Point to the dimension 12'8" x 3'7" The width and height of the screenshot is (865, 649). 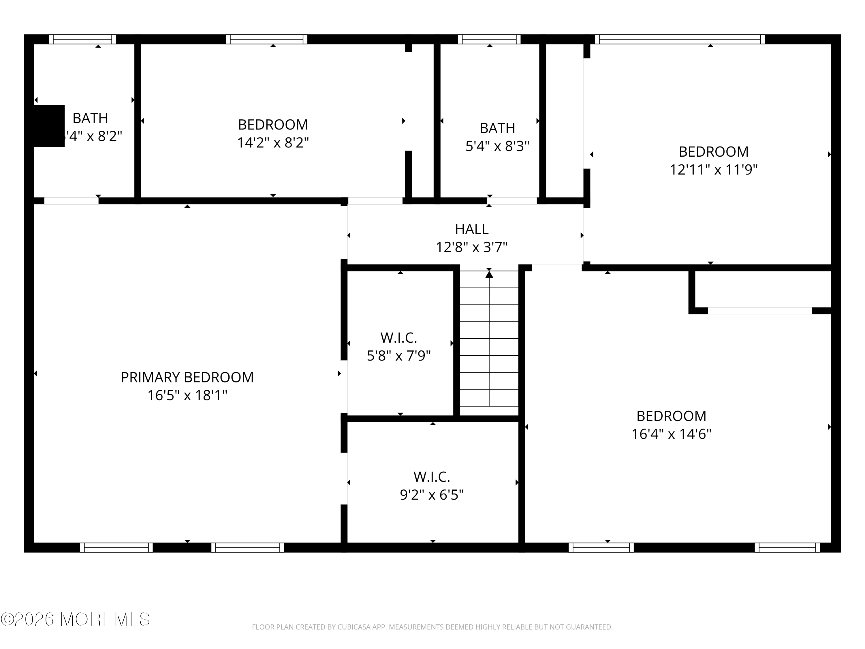pos(472,247)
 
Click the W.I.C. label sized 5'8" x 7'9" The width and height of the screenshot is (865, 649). pos(398,337)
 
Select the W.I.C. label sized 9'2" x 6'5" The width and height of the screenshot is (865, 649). pos(432,477)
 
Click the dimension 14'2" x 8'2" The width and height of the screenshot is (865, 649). pos(273,143)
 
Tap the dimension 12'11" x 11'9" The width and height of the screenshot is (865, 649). pos(714,170)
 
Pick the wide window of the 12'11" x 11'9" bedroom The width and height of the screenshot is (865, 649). pos(680,39)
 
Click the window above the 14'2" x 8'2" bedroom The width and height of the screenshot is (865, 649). pos(267,39)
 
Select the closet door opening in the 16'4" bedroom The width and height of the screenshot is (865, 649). pos(759,311)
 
